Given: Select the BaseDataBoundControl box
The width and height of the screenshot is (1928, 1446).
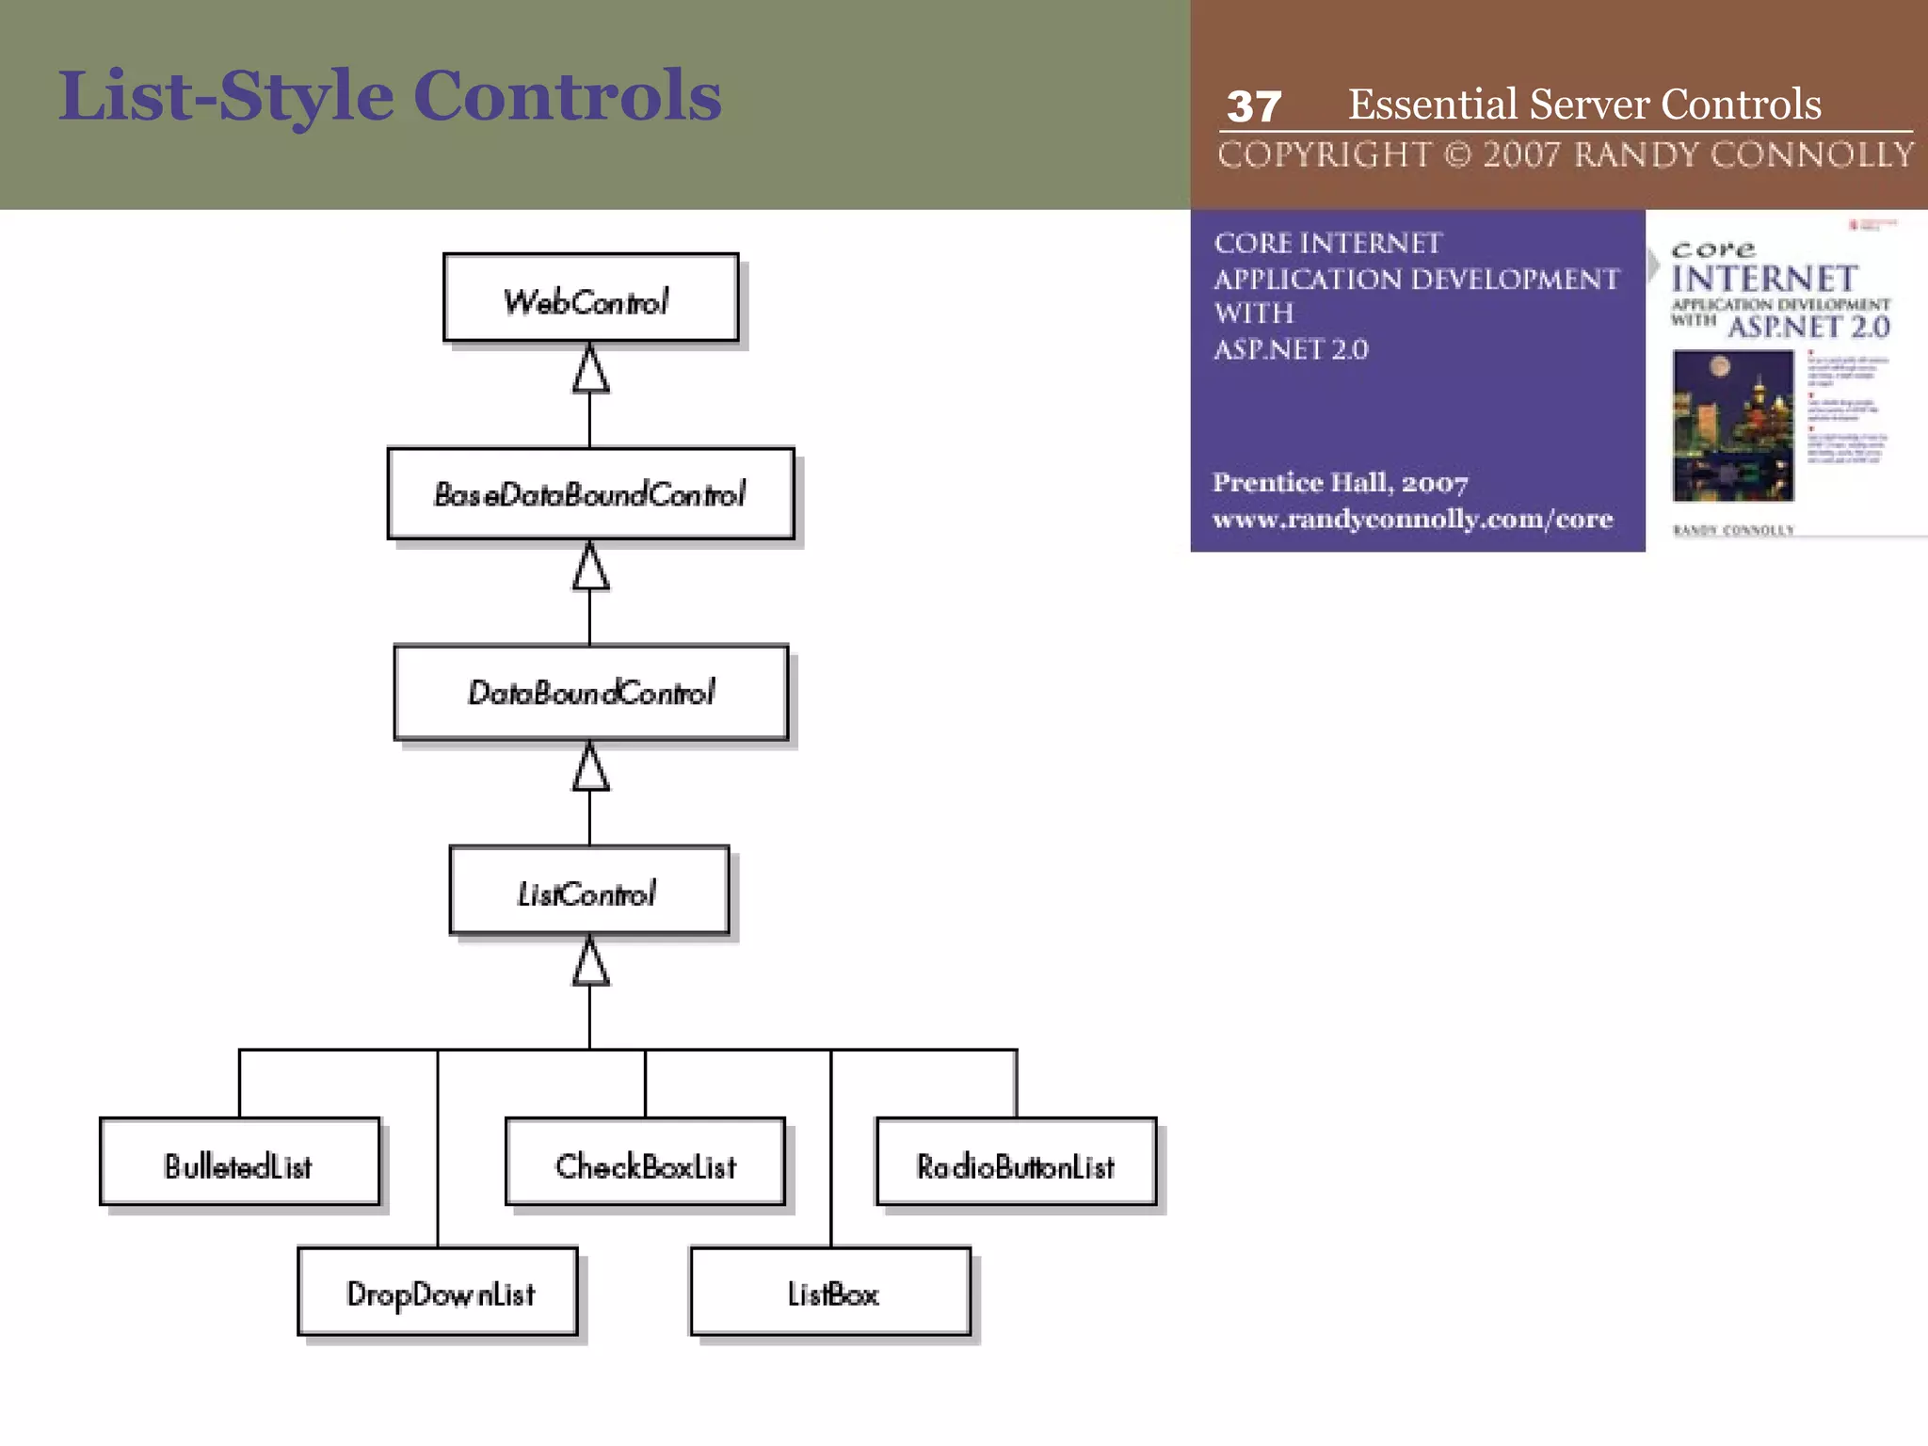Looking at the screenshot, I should coord(590,493).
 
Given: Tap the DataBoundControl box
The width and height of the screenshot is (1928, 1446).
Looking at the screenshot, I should coord(590,692).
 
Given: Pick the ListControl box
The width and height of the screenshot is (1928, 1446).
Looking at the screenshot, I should coord(589,891).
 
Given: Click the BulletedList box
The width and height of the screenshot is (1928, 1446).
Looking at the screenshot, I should coord(239,1162).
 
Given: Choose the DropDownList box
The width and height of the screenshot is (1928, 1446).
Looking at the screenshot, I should coord(438,1292).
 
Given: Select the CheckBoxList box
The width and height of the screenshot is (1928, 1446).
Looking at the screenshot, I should coord(645,1162).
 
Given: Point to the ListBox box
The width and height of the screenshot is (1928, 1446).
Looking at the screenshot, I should coord(830,1292).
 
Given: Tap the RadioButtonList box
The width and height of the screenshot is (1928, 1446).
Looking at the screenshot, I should coord(1016,1162).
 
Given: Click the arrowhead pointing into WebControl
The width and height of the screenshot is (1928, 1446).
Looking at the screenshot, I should coord(590,369).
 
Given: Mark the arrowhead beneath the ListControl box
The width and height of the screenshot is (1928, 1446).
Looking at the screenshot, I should coord(590,962).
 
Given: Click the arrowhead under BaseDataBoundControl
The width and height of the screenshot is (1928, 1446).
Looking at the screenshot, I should coord(590,568).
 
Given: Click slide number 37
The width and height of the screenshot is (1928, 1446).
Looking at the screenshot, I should coord(1253,106).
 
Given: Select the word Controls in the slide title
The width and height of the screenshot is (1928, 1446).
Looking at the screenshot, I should coord(567,96).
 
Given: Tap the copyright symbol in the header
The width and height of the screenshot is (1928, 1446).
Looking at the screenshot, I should coord(1457,154).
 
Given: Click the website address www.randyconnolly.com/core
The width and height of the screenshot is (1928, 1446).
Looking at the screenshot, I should coord(1412,519).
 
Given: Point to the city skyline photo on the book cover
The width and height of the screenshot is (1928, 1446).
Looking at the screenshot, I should coord(1732,426).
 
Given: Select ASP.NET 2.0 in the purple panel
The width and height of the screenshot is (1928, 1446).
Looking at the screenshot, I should coord(1291,349).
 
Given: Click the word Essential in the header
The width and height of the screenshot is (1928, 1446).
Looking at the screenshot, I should coord(1432,104).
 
